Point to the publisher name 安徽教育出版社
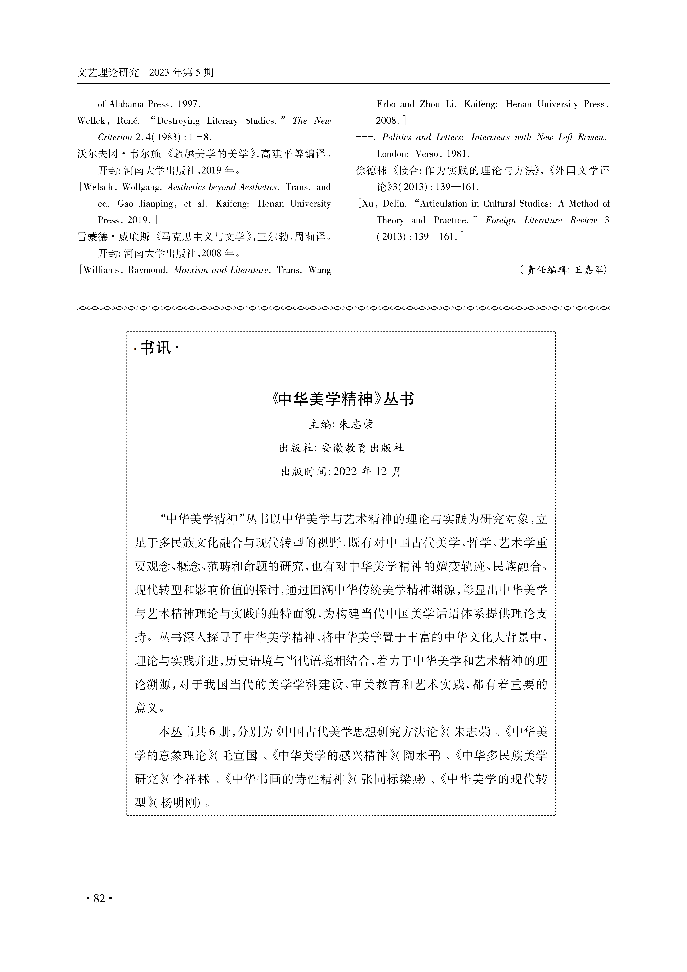click(362, 448)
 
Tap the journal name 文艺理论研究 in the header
click(108, 73)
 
